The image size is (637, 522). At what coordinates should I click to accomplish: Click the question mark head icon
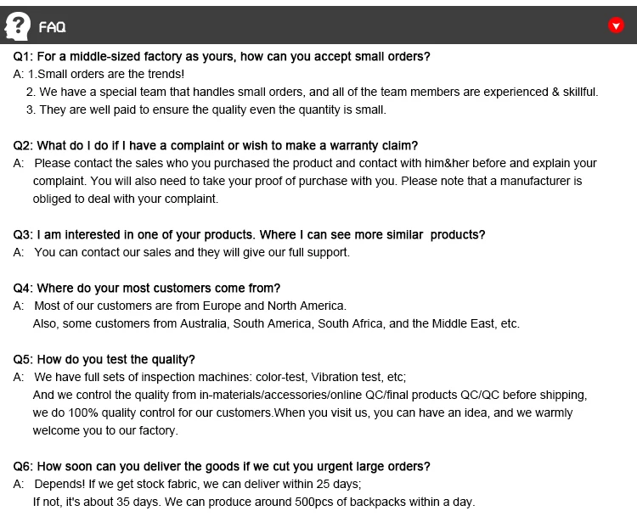[18, 25]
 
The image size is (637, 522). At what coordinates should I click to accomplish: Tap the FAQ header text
[53, 27]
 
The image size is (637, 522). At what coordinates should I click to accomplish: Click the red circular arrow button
[617, 25]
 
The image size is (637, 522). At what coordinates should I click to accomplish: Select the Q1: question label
[23, 57]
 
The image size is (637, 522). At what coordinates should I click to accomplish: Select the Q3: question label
[23, 235]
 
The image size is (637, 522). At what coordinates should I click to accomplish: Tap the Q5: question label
[23, 360]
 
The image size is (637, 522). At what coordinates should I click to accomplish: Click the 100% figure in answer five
[65, 413]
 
